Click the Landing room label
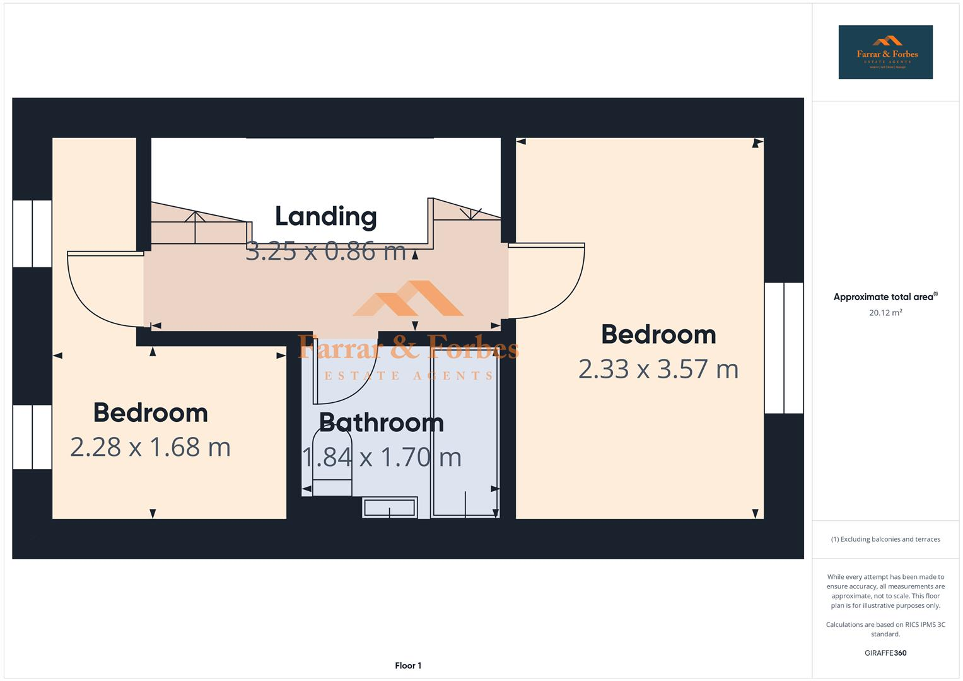pyautogui.click(x=325, y=216)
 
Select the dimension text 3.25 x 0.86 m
pyautogui.click(x=325, y=251)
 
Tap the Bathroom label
pyautogui.click(x=382, y=422)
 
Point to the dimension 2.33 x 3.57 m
pyautogui.click(x=658, y=369)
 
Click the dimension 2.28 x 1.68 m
pyautogui.click(x=150, y=447)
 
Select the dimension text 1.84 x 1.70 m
pyautogui.click(x=382, y=457)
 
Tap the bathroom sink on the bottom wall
pyautogui.click(x=390, y=508)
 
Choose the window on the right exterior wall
pyautogui.click(x=784, y=347)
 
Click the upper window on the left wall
pyautogui.click(x=32, y=233)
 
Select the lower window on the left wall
pyautogui.click(x=32, y=437)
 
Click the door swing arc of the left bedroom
pyautogui.click(x=101, y=290)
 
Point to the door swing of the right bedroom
pyautogui.click(x=549, y=281)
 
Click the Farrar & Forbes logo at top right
pyautogui.click(x=885, y=52)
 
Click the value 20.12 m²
pyautogui.click(x=885, y=313)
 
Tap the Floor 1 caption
pyautogui.click(x=408, y=665)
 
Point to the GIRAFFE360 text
pyautogui.click(x=885, y=653)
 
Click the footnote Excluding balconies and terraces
pyautogui.click(x=885, y=539)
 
